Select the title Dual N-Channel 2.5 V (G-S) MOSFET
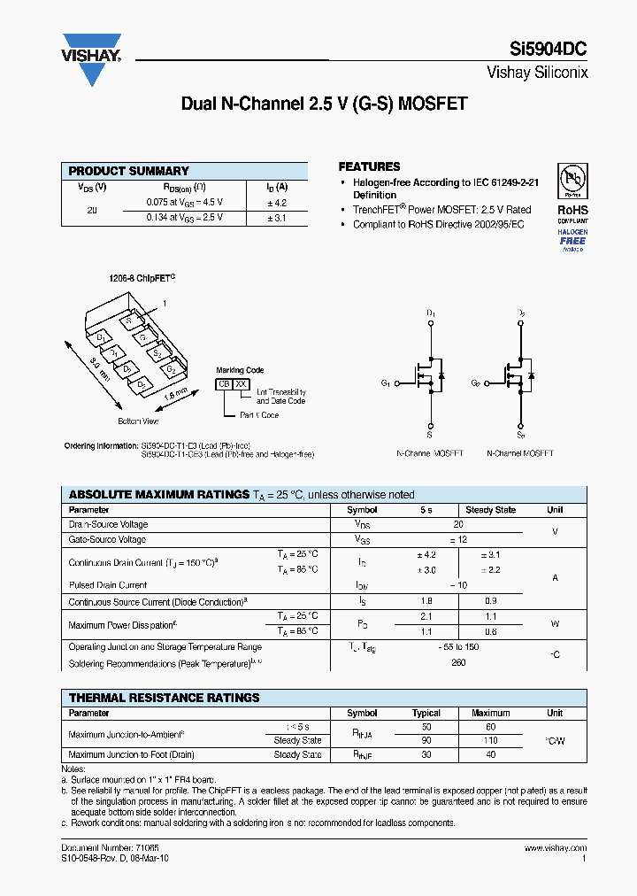point(324,104)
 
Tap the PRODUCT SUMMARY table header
point(129,171)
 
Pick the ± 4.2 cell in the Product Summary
point(277,203)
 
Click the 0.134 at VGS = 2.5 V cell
point(184,218)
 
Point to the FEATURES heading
point(369,166)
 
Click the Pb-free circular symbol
point(572,180)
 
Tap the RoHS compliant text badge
point(572,214)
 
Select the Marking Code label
point(240,370)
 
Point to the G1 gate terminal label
point(386,383)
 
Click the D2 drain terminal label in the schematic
point(520,313)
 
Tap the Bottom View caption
point(137,421)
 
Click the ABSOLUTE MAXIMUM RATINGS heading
point(158,495)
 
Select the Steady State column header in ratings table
point(490,510)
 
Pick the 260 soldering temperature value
point(457,662)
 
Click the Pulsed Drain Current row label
point(108,585)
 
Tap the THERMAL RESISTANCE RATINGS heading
point(164,698)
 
